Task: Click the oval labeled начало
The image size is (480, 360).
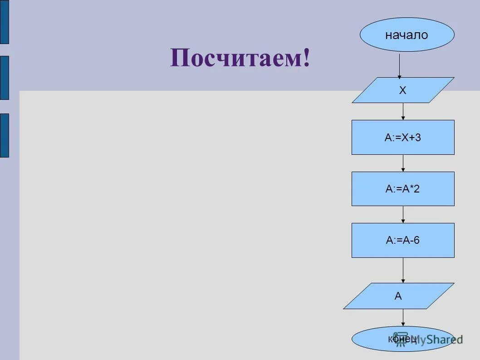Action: coord(407,35)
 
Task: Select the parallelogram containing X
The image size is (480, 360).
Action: coord(403,90)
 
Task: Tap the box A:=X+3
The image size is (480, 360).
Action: coord(403,138)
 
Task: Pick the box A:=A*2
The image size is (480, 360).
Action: coord(403,189)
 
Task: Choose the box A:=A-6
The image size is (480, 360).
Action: coord(403,241)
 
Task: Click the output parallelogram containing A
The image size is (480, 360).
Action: coord(398,296)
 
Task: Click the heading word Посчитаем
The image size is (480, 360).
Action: coord(234,58)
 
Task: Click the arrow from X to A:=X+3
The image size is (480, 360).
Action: coord(403,112)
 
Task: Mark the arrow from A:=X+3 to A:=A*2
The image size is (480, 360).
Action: coord(403,163)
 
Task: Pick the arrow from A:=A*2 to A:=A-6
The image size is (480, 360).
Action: coord(403,214)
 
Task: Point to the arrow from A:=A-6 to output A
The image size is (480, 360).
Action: coord(403,271)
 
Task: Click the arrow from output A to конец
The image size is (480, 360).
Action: coord(403,318)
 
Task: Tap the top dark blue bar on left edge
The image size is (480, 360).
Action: coord(4,22)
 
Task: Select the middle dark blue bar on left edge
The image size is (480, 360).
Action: coord(4,78)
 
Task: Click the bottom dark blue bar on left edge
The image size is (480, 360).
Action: coord(4,135)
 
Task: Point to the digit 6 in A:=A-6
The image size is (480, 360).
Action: coord(416,241)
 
